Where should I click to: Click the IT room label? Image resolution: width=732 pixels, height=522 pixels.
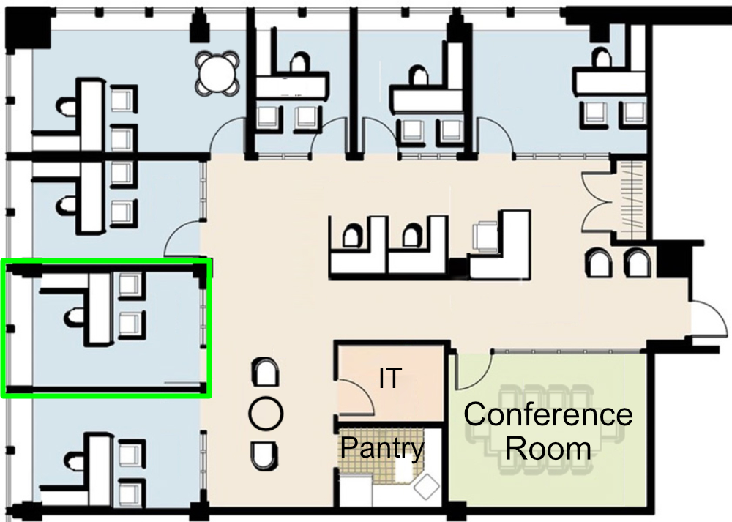[x=390, y=379]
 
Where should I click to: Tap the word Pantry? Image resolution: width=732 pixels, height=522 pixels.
[x=382, y=448]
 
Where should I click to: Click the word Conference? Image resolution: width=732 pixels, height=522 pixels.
[x=548, y=414]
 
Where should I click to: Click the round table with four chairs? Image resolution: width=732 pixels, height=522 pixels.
[x=217, y=73]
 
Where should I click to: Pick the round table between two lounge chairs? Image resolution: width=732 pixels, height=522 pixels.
[x=266, y=414]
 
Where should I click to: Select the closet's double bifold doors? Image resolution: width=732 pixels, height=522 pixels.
[x=596, y=202]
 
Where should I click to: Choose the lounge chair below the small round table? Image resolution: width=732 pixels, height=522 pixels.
[x=264, y=456]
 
